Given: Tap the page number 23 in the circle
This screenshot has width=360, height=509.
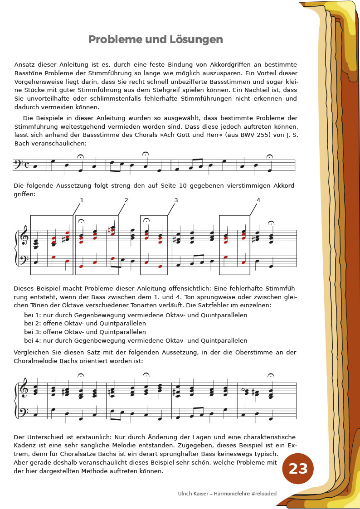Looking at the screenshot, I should (298, 469).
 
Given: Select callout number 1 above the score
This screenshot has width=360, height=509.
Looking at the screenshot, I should (82, 200).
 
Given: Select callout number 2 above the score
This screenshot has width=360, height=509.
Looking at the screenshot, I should (126, 200).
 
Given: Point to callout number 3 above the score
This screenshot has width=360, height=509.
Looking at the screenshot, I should (176, 200).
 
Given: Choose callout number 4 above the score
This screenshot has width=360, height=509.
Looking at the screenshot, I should (258, 200).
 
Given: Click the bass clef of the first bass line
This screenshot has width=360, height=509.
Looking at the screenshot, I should (21, 164).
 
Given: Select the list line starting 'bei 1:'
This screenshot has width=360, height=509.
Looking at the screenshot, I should (136, 315).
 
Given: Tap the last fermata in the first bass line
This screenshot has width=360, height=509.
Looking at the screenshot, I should (270, 157).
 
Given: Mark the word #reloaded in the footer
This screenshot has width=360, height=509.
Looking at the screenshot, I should (261, 494).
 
